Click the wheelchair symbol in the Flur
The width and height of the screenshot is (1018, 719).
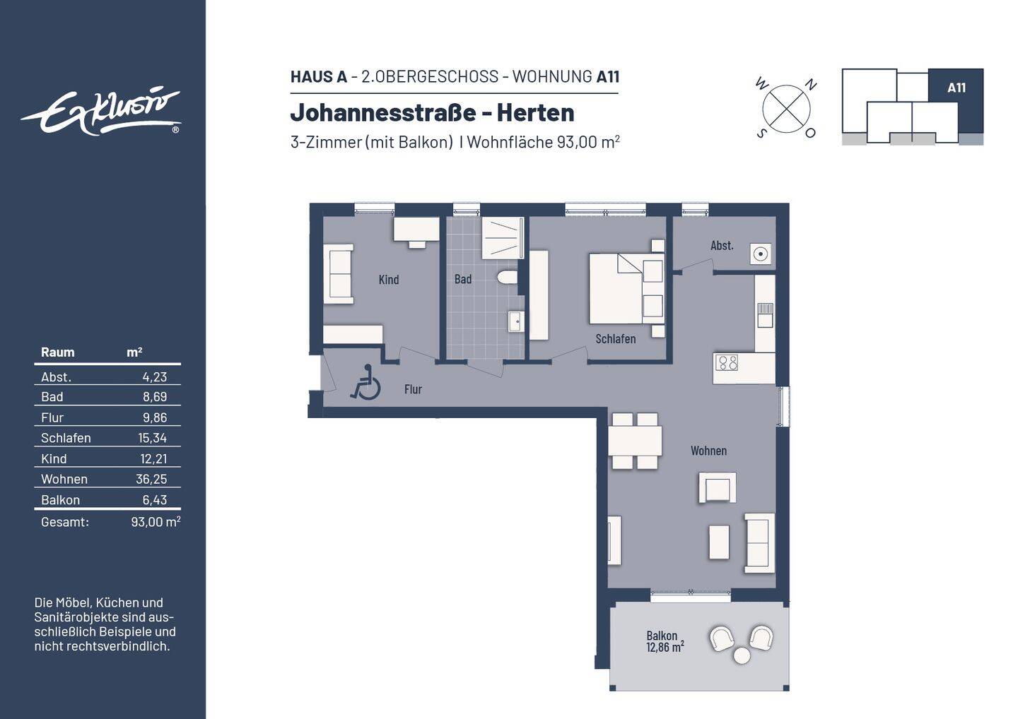(x=365, y=383)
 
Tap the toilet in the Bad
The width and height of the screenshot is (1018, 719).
(x=508, y=277)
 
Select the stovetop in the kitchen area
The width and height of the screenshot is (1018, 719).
(x=726, y=363)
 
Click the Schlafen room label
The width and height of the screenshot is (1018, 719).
(x=615, y=339)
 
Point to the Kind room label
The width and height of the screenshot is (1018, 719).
(x=389, y=280)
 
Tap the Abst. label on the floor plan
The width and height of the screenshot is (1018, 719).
(x=722, y=246)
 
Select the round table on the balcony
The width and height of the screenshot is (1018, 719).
(x=742, y=655)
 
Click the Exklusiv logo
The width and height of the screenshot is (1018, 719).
(x=101, y=111)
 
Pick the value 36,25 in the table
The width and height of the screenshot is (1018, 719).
(x=151, y=479)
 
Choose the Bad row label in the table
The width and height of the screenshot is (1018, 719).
(x=52, y=397)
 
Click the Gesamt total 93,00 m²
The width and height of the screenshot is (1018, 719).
(x=156, y=522)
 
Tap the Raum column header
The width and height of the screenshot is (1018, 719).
(x=57, y=352)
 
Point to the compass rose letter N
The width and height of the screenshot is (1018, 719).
(x=811, y=85)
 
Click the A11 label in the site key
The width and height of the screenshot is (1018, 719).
(x=956, y=88)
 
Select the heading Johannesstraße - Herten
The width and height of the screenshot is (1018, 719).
(x=432, y=112)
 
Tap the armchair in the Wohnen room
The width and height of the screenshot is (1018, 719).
(x=718, y=487)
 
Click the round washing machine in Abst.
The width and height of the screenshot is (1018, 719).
(x=761, y=254)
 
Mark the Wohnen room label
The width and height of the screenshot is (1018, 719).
(x=708, y=451)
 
